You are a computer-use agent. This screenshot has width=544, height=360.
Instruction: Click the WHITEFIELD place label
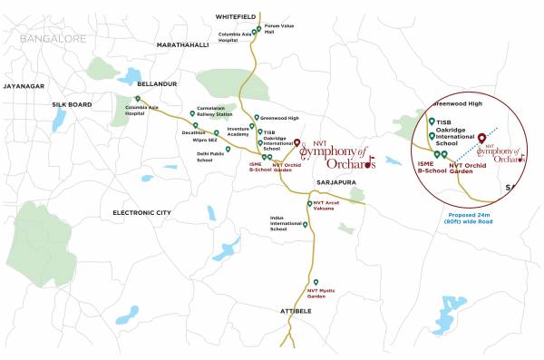[239, 16]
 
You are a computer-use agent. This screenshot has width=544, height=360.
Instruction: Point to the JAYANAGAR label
[24, 85]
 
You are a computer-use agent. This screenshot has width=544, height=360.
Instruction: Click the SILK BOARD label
[72, 105]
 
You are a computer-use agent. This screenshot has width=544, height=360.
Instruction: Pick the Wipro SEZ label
[206, 141]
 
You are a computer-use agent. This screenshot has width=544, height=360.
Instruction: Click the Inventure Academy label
[238, 131]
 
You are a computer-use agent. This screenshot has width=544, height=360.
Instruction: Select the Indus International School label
[286, 223]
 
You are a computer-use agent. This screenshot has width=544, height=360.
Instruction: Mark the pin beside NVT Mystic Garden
[315, 281]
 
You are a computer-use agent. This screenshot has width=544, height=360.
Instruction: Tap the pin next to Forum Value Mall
[258, 28]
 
